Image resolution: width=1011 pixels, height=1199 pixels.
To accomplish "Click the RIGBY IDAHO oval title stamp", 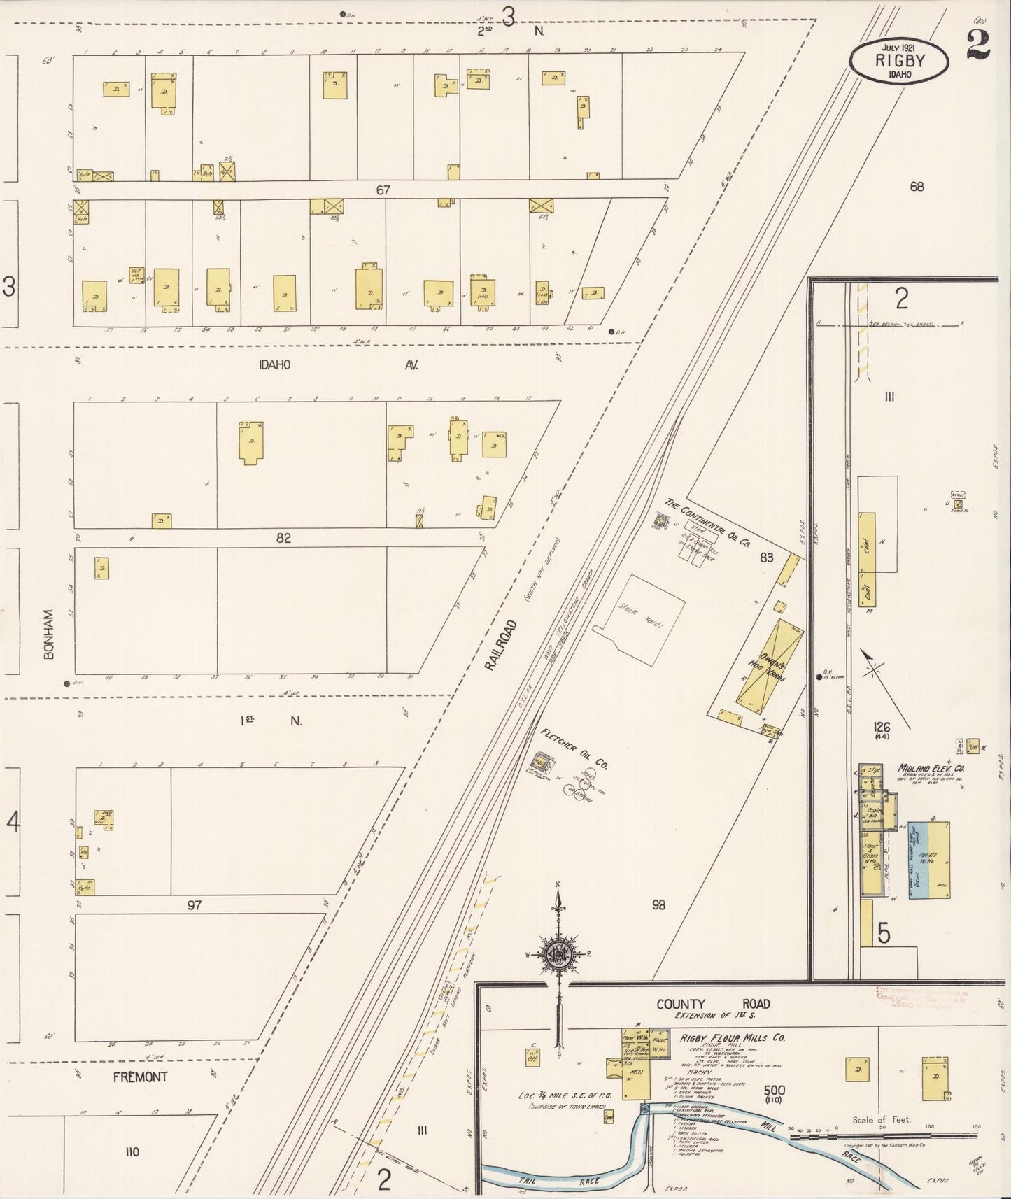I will pyautogui.click(x=900, y=60).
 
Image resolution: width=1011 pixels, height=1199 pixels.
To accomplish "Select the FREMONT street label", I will pyautogui.click(x=140, y=1077).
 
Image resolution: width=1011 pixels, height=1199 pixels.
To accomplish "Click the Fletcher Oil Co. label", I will pyautogui.click(x=575, y=749).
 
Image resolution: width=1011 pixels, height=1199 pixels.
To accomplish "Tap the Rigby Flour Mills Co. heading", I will pyautogui.click(x=732, y=1038).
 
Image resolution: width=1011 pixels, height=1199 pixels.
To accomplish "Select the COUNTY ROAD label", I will pyautogui.click(x=713, y=1004).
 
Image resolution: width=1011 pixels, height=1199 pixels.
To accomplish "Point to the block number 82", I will pyautogui.click(x=283, y=539).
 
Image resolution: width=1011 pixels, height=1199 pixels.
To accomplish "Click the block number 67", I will pyautogui.click(x=382, y=190).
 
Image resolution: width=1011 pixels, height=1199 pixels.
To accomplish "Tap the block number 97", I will pyautogui.click(x=194, y=905).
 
